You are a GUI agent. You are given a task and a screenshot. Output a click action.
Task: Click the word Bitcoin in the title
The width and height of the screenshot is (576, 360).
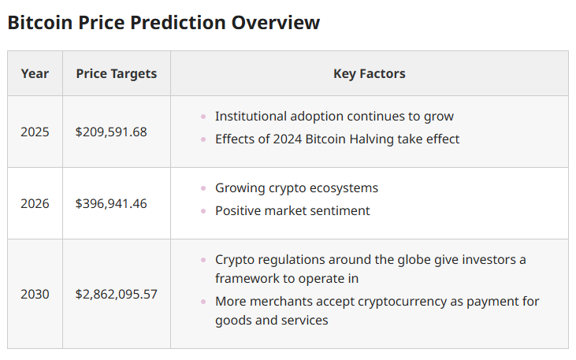39,22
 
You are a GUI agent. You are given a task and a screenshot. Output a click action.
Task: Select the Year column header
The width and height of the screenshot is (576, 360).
35,73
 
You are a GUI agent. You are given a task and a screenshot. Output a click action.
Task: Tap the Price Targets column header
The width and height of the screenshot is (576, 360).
116,73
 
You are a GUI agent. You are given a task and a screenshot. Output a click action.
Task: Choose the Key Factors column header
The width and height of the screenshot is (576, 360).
369,73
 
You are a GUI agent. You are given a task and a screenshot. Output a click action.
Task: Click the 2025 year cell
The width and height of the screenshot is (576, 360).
35,132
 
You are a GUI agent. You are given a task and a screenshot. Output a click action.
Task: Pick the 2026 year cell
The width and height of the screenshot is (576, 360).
35,203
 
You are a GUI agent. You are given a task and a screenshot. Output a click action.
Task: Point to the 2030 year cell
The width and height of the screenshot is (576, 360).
35,294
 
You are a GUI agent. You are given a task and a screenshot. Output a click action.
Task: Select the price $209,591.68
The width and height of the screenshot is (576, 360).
111,132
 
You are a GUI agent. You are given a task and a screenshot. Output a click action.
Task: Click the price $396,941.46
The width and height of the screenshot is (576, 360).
111,203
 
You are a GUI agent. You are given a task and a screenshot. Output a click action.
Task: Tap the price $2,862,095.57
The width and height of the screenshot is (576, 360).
116,294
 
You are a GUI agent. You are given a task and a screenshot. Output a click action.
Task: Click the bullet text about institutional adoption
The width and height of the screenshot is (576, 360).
334,117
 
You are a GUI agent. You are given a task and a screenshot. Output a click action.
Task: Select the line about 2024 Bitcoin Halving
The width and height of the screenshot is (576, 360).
336,139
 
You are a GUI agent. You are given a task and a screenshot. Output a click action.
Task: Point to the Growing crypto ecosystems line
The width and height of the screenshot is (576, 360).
296,188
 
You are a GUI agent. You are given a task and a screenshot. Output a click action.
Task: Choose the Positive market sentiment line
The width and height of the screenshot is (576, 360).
292,211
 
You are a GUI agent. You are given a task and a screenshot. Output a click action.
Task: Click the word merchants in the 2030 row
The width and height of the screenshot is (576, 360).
279,302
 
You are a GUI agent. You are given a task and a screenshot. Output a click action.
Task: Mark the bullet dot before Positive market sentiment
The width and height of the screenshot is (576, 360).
204,211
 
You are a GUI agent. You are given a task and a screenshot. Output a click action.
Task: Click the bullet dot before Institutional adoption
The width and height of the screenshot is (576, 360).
204,117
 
